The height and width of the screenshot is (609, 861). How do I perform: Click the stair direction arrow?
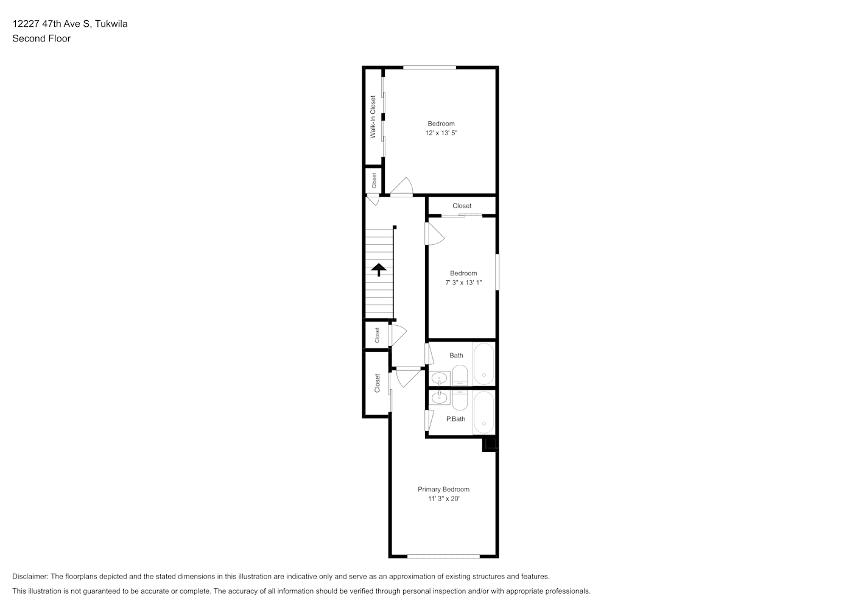click(379, 270)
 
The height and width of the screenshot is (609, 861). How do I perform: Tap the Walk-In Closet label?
click(373, 117)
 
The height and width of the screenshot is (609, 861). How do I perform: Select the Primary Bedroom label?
click(443, 489)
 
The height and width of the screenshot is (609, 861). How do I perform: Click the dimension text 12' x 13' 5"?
click(441, 133)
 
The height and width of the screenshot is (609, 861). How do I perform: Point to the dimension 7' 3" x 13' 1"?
click(463, 283)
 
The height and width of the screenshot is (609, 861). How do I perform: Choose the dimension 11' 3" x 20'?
click(444, 499)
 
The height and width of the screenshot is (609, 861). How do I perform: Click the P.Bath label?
click(456, 419)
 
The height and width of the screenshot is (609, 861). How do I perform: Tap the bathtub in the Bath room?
click(484, 364)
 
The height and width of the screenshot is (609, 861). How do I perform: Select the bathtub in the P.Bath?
click(484, 412)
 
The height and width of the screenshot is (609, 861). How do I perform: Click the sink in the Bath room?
click(440, 379)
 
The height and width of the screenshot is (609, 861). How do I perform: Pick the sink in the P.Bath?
click(440, 398)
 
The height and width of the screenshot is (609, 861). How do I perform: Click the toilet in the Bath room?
click(460, 375)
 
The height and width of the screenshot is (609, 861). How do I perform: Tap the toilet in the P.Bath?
click(460, 400)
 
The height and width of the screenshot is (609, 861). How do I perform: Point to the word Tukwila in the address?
click(111, 24)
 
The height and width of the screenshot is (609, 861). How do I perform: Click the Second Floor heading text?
click(41, 38)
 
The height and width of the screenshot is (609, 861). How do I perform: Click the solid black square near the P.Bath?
click(490, 445)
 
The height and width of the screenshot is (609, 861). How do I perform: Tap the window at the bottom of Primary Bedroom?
click(443, 556)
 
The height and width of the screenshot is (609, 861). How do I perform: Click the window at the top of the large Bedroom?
click(429, 68)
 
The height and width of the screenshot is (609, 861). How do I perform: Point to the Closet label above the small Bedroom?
click(462, 206)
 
